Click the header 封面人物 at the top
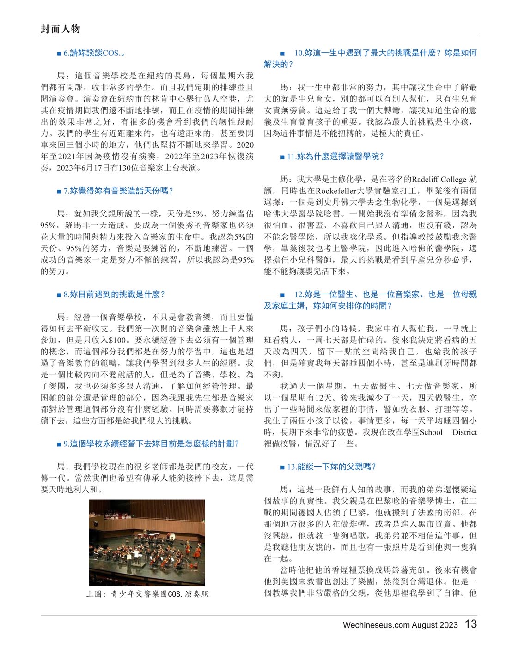click(x=60, y=29)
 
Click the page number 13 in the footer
click(x=470, y=624)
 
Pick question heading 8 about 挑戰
click(x=114, y=294)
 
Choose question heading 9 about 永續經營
click(x=151, y=443)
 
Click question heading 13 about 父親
click(x=331, y=467)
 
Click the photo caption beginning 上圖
click(x=147, y=594)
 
